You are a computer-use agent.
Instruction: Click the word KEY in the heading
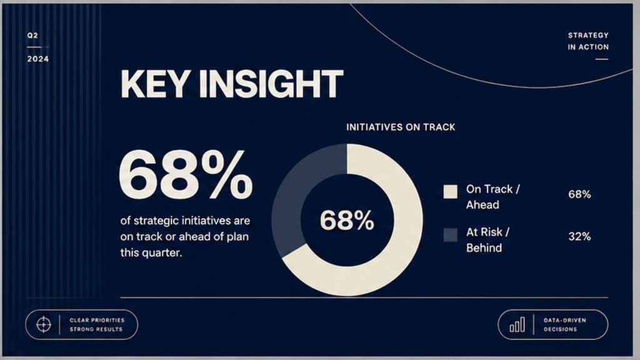(x=155, y=84)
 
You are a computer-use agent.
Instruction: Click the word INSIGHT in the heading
(x=271, y=84)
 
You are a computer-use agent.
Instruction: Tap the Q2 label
(x=32, y=36)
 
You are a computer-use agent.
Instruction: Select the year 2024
(x=38, y=59)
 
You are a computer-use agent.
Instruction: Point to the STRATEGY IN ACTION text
(x=588, y=41)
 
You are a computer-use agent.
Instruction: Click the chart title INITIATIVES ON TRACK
(x=401, y=127)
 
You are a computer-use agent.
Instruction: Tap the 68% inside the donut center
(x=347, y=221)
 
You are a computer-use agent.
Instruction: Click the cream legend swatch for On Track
(x=451, y=192)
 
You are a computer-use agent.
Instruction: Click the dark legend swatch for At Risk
(x=451, y=235)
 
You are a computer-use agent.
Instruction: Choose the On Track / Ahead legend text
(x=493, y=197)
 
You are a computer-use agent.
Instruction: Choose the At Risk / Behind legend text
(x=487, y=240)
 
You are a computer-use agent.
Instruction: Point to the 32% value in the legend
(x=579, y=236)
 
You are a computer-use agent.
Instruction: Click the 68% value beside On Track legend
(x=579, y=194)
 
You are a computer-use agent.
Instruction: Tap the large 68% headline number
(x=186, y=174)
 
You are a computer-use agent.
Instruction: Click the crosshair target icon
(x=44, y=325)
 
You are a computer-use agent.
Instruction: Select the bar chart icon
(x=517, y=325)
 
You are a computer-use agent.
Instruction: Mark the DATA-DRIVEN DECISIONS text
(x=564, y=325)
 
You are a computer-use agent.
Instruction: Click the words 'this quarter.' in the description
(x=151, y=252)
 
